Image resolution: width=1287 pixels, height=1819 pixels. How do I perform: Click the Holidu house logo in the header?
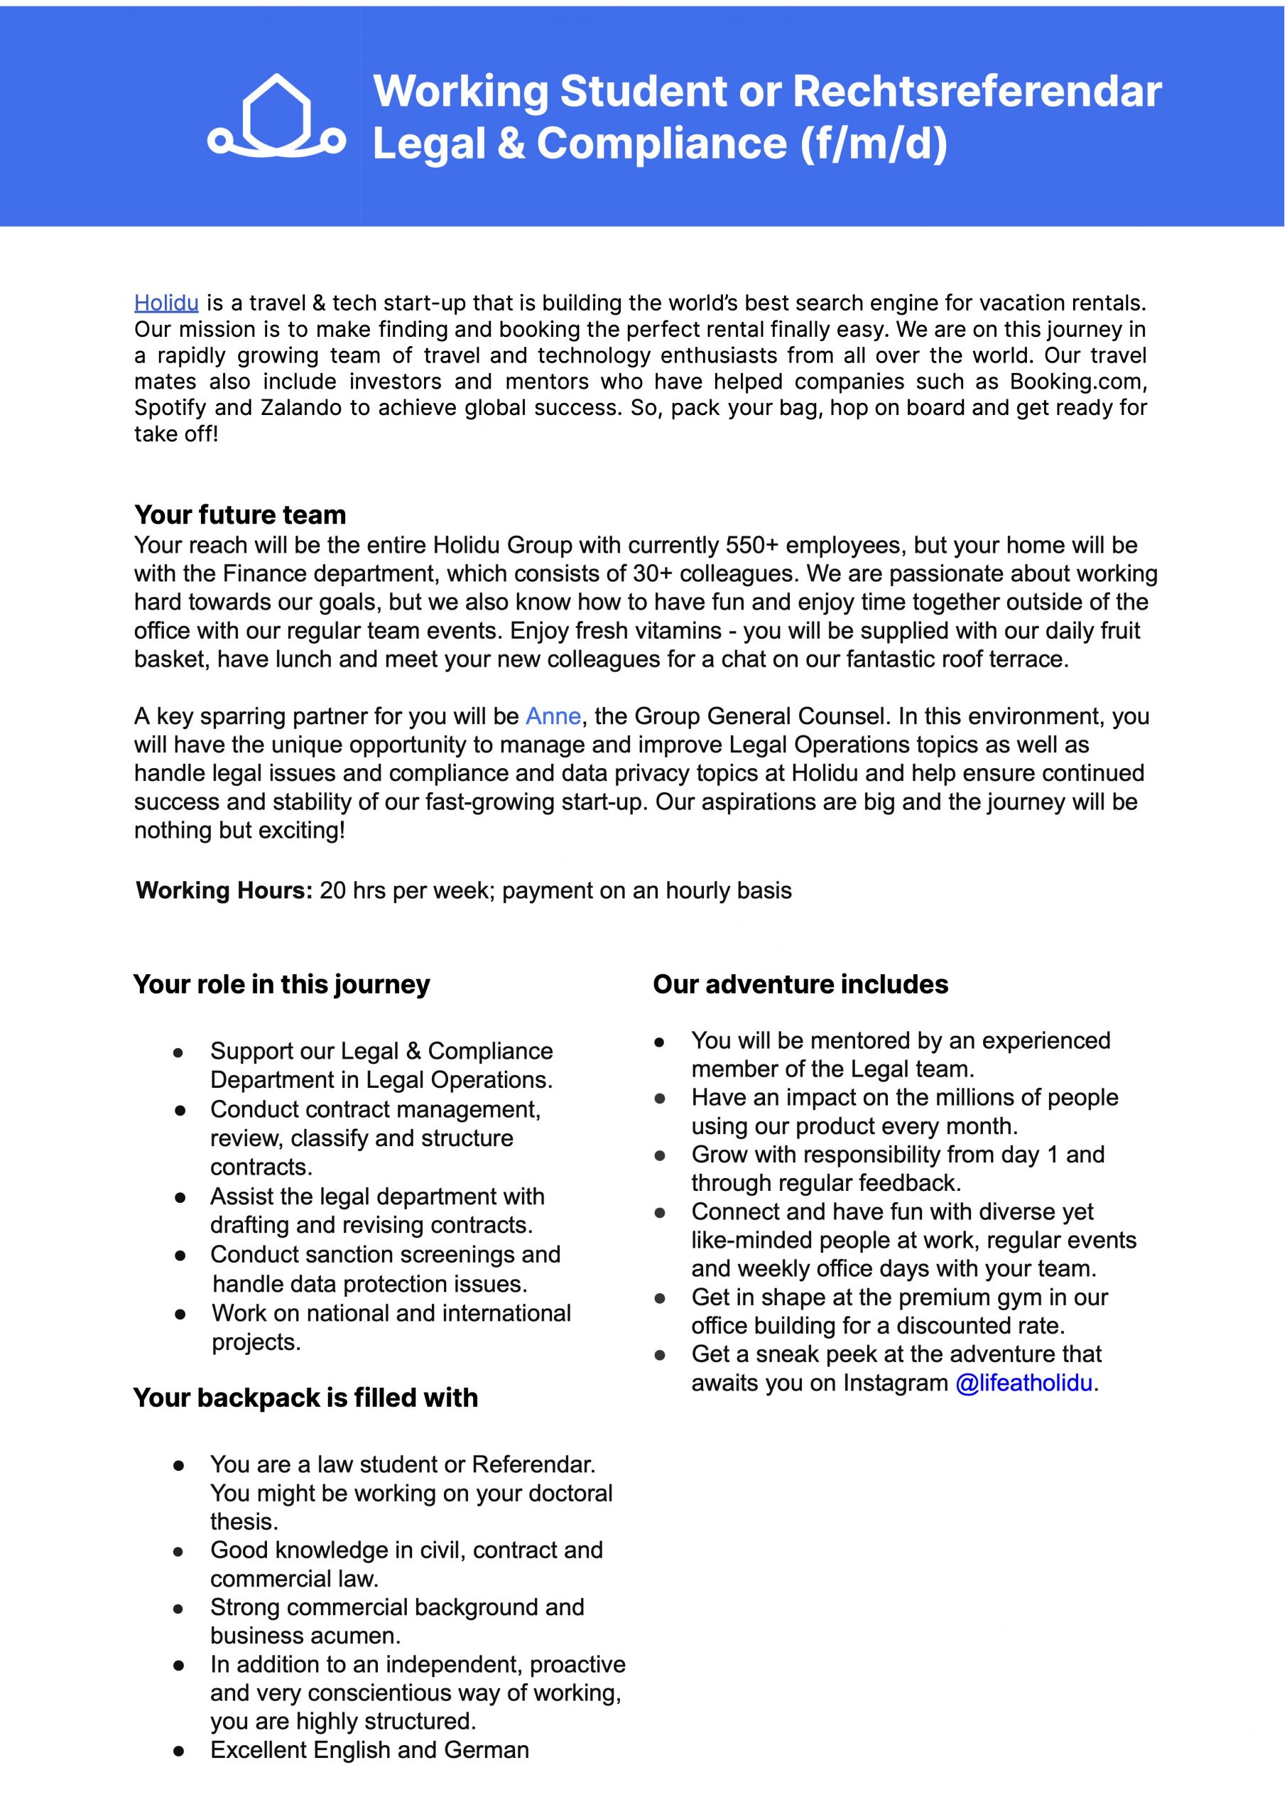(x=276, y=116)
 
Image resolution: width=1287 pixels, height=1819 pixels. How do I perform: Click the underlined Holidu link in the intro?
(x=166, y=303)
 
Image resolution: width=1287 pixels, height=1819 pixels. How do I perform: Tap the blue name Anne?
(x=553, y=716)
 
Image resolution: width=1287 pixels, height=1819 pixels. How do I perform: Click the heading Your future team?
(x=240, y=514)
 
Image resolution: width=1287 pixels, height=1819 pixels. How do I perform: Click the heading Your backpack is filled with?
(x=305, y=1398)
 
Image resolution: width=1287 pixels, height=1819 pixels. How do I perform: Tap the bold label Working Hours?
(x=224, y=890)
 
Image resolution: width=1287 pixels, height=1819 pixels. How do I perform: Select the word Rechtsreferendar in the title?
(x=977, y=91)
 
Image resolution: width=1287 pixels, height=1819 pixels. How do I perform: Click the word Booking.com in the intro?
(x=1077, y=382)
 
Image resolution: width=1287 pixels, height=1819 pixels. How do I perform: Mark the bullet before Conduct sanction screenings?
(x=180, y=1256)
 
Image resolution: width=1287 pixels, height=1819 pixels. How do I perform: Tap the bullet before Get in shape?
(x=659, y=1298)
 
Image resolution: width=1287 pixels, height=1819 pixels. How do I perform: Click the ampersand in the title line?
(x=511, y=144)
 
